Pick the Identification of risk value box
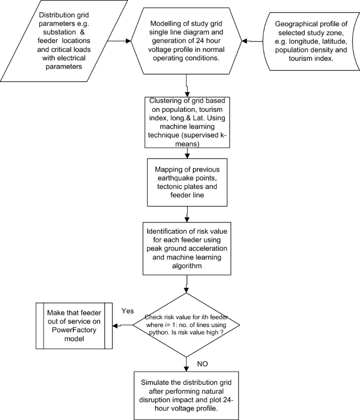click(x=186, y=248)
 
